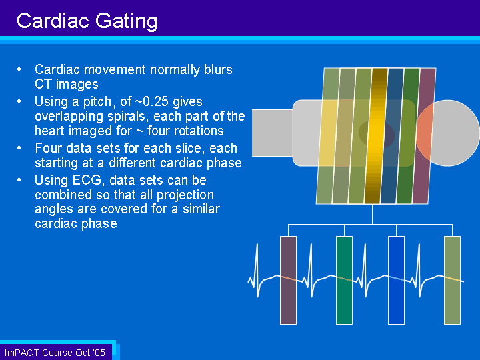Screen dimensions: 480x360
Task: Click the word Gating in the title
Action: pos(127,22)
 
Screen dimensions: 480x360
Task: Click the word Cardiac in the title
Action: pos(53,21)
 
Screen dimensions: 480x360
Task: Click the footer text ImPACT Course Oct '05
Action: pos(55,353)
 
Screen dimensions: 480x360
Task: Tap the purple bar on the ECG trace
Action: pos(289,280)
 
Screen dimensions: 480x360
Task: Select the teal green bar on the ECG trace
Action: pos(345,280)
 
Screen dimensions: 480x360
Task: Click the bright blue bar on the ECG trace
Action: pos(396,280)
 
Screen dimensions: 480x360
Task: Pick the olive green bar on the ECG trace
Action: pos(452,280)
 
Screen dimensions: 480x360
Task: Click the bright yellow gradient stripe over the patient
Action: pos(376,136)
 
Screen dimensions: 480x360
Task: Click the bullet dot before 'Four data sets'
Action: pos(19,148)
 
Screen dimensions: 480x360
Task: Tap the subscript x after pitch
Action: pos(113,107)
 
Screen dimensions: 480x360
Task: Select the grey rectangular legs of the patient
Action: pos(273,133)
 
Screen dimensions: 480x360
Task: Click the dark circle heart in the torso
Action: pos(377,133)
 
